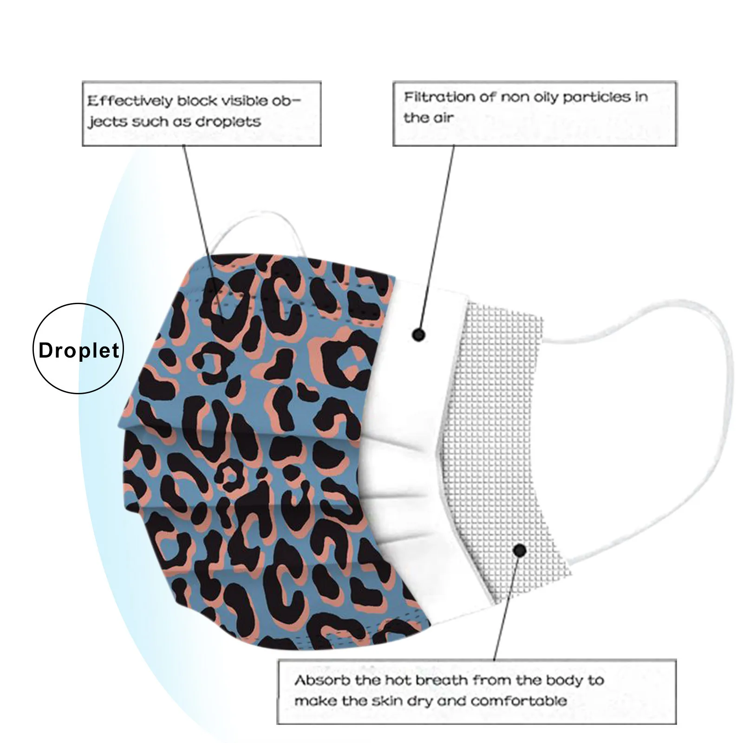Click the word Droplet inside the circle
click(79, 350)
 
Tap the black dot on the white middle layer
click(419, 334)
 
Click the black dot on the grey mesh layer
click(520, 551)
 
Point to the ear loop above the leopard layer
click(260, 232)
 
